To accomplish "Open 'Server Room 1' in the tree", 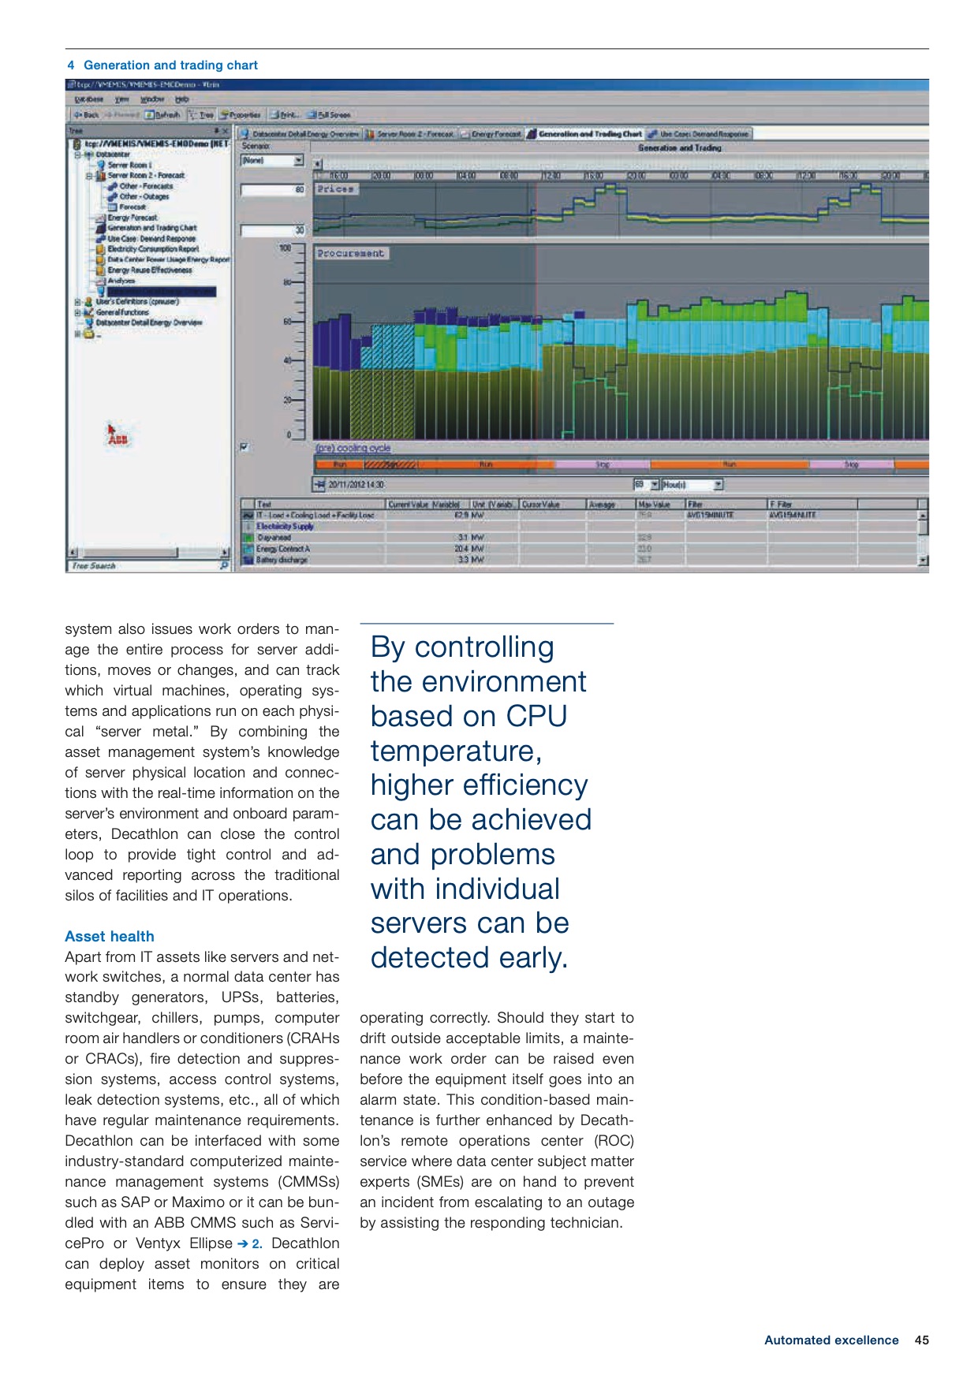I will tap(128, 165).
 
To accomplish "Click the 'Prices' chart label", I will tap(336, 189).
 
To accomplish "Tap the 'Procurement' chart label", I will tap(350, 253).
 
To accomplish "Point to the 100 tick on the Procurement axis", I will tap(286, 248).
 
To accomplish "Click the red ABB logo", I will tap(117, 438).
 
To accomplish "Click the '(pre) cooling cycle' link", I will tap(353, 448).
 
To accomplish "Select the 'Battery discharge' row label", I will tap(282, 560).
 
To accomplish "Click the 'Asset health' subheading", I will tap(110, 936).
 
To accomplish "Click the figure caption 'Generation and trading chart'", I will tap(170, 65).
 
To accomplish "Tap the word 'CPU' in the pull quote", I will tap(536, 716).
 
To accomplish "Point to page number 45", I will tap(921, 1340).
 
